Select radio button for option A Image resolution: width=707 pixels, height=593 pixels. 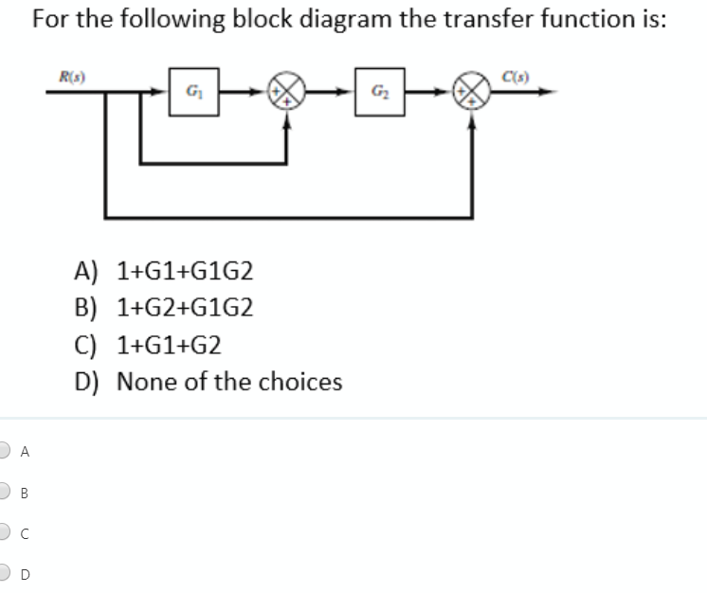pyautogui.click(x=6, y=451)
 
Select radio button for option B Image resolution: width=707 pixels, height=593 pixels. pyautogui.click(x=6, y=491)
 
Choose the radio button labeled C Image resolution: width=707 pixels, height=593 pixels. pyautogui.click(x=6, y=531)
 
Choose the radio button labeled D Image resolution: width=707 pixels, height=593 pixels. pyautogui.click(x=6, y=572)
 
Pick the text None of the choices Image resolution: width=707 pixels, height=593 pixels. pyautogui.click(x=228, y=383)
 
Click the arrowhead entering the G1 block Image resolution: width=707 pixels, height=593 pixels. pyautogui.click(x=163, y=92)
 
